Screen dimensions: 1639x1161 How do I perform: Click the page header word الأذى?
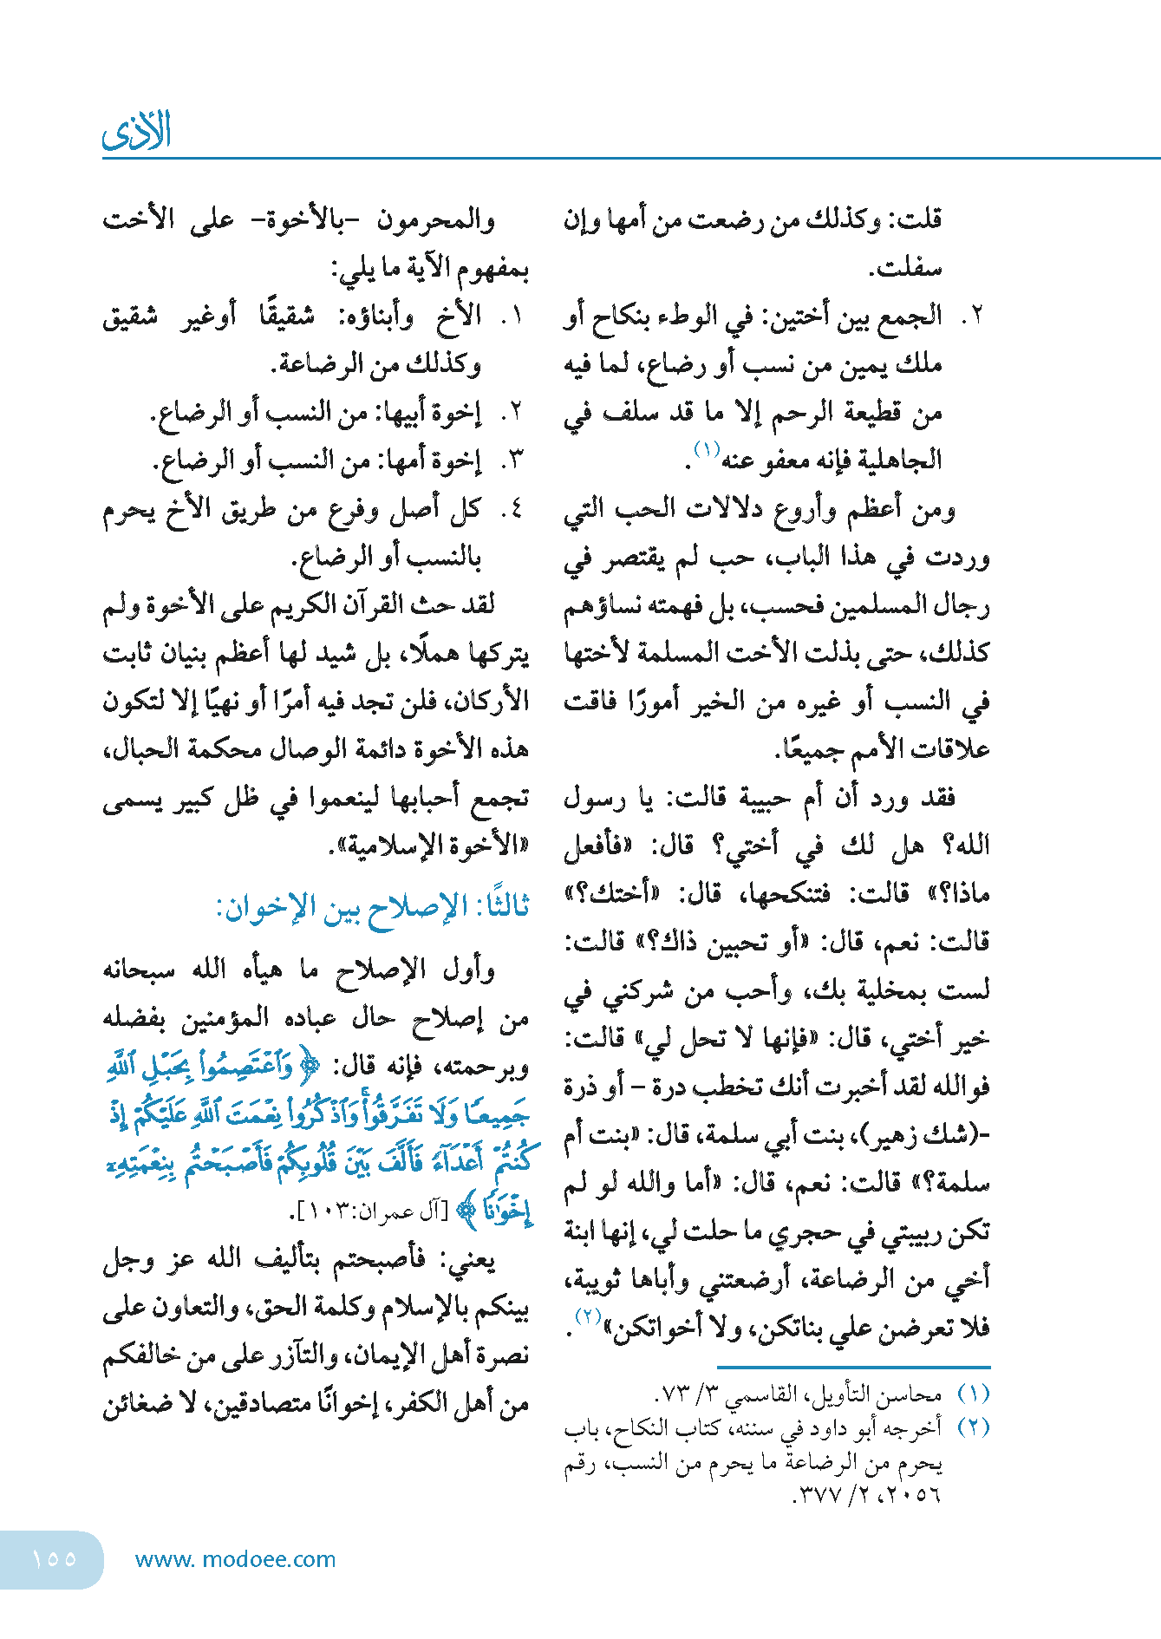(x=136, y=132)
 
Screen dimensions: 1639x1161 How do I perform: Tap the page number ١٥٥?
(x=54, y=1558)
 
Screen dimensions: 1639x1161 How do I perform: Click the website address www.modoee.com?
(x=235, y=1559)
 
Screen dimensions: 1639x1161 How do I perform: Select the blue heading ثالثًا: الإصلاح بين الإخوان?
(x=372, y=908)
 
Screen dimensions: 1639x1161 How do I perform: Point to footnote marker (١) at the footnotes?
(x=973, y=1394)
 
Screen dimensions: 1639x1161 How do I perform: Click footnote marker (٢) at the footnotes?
(x=973, y=1427)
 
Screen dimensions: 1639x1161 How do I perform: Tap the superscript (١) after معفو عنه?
(x=706, y=449)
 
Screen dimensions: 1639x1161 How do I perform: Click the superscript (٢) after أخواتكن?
(x=589, y=1316)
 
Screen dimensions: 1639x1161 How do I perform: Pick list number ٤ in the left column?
(x=512, y=507)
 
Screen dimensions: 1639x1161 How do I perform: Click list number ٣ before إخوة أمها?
(x=512, y=460)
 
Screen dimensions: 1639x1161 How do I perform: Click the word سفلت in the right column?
(x=906, y=269)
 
